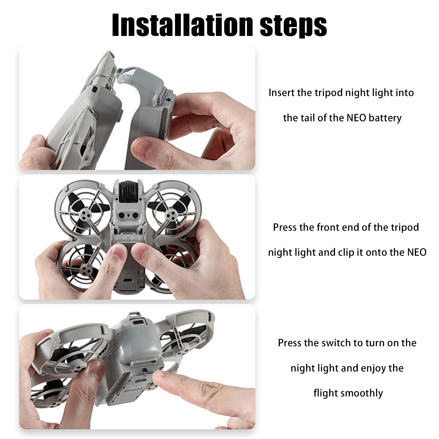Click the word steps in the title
(293, 26)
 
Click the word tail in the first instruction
(307, 118)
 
